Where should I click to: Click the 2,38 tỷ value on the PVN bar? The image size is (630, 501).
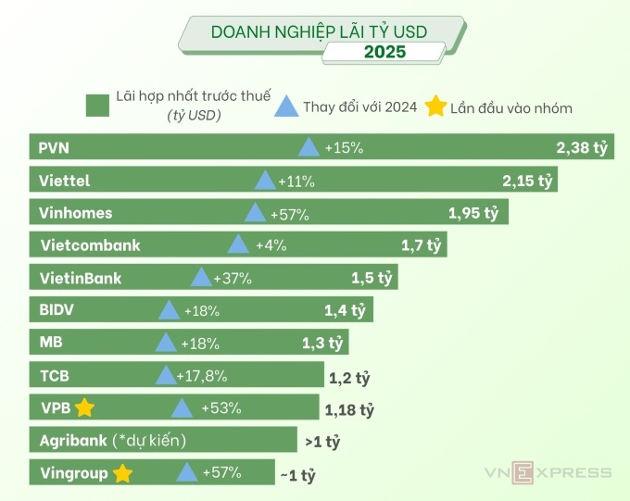tap(582, 147)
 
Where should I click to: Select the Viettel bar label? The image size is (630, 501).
tap(65, 181)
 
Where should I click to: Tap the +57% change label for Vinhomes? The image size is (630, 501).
tap(290, 214)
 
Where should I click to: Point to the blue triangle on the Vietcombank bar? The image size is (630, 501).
tap(238, 244)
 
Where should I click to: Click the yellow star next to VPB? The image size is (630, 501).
tap(85, 407)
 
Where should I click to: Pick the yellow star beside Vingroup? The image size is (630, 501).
tap(121, 473)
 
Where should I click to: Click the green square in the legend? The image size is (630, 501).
tap(97, 106)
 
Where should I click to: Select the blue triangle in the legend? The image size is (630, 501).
tap(287, 106)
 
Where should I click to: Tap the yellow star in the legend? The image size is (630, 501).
tap(435, 106)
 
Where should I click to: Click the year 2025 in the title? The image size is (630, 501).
tap(384, 52)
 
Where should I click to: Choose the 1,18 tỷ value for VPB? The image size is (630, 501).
tap(349, 409)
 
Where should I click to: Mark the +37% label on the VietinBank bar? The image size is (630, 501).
tap(233, 278)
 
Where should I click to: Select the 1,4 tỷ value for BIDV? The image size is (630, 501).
tap(346, 310)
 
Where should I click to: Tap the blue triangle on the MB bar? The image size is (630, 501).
tap(166, 343)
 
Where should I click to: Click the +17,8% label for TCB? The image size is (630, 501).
tap(201, 376)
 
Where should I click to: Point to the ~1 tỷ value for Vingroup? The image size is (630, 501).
tap(297, 476)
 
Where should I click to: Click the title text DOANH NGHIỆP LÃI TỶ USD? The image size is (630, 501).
tap(319, 31)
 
